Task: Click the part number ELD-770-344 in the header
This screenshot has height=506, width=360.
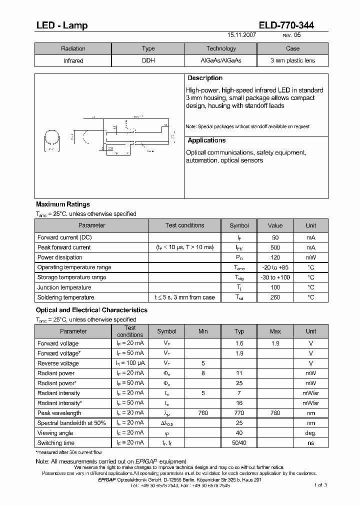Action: click(x=286, y=25)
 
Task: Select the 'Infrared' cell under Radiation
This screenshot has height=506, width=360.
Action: click(x=73, y=61)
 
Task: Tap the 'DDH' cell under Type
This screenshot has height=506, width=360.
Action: click(x=148, y=61)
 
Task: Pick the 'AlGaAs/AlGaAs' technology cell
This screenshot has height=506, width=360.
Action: click(x=220, y=61)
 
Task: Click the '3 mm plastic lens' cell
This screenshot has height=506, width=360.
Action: click(x=292, y=61)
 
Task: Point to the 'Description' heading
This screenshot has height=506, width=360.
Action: click(x=205, y=78)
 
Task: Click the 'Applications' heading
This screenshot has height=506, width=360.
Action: click(x=206, y=141)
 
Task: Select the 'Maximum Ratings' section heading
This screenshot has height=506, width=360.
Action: click(x=63, y=204)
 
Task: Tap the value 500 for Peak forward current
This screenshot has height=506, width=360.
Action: click(x=275, y=247)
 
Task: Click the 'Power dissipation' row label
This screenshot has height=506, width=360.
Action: click(x=60, y=257)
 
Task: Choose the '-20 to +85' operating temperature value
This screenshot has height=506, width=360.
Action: click(x=275, y=267)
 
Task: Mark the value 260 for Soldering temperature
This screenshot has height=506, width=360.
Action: click(x=275, y=297)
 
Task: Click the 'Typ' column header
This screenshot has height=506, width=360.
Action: click(x=239, y=331)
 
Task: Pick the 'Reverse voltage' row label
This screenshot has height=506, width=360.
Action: click(x=58, y=363)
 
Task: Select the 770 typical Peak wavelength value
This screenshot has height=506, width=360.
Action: click(x=239, y=413)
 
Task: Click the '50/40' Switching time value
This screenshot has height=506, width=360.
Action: click(x=239, y=443)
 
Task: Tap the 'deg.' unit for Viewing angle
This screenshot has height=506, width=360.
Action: click(x=311, y=433)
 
